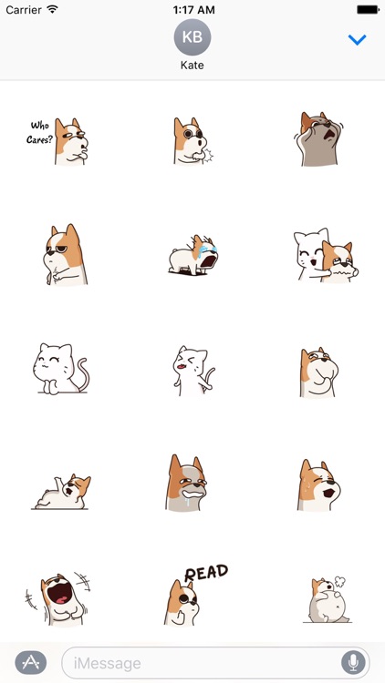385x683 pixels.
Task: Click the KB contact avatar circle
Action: [x=192, y=38]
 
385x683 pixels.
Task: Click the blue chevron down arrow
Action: [x=358, y=40]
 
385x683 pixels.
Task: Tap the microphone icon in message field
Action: [x=351, y=662]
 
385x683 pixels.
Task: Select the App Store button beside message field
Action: [x=31, y=662]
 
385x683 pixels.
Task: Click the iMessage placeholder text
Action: [x=108, y=662]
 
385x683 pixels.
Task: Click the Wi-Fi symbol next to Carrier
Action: [x=52, y=8]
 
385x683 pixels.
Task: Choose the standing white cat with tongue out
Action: [x=192, y=370]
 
